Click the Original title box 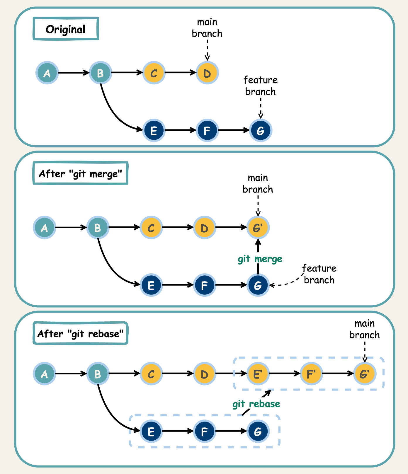66,29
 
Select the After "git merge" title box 80,173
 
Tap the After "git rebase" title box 80,333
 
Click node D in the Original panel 207,73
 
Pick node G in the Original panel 261,130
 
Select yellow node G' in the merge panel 258,228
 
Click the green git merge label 260,259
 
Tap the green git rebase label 256,404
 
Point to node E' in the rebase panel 258,374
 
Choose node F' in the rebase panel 311,374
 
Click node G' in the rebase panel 365,374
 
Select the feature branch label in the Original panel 260,86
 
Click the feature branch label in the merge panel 319,274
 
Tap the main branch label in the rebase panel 364,329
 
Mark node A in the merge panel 45,228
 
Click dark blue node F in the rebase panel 204,431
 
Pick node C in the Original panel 154,73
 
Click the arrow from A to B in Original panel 73,72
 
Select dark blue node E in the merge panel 151,285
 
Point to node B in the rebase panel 98,374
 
